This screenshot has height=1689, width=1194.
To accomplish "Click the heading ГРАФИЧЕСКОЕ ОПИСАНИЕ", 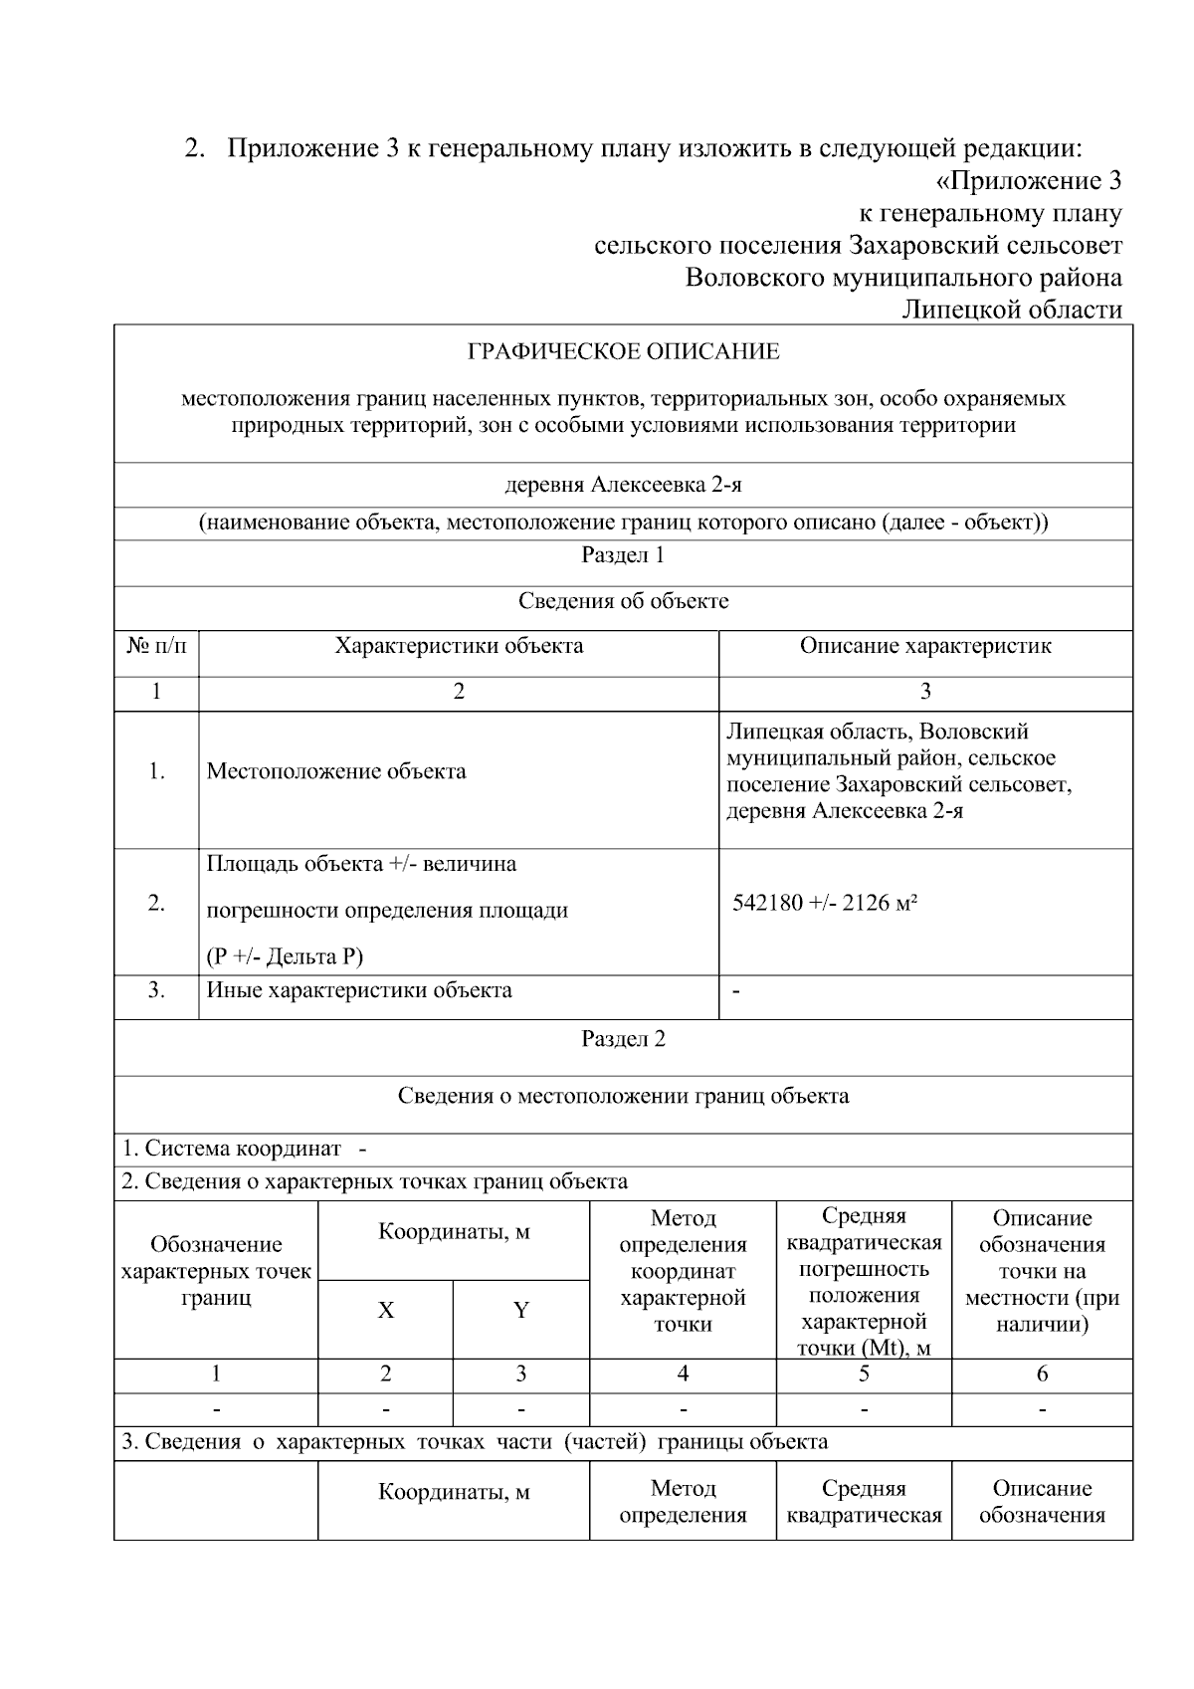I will [x=623, y=352].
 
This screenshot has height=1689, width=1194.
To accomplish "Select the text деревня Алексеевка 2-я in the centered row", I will [x=623, y=486].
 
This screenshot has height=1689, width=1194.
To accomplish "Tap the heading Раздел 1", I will [x=623, y=555].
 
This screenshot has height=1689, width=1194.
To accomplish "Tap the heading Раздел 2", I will [x=623, y=1039].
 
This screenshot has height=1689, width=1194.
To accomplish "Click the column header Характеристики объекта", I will [x=459, y=646].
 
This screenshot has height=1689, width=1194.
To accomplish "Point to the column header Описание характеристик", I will [x=925, y=646].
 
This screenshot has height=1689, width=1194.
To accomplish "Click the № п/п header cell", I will [x=156, y=646].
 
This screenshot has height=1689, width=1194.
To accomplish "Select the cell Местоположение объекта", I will [x=336, y=771].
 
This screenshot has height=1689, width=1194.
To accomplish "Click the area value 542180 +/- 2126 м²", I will [x=825, y=904].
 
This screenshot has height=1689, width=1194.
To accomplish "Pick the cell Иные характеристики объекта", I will [x=359, y=990].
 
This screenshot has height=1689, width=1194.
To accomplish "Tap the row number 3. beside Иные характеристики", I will [x=156, y=990].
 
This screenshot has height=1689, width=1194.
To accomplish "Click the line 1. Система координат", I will [x=244, y=1149].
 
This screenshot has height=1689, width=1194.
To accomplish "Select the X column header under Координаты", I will [x=385, y=1311].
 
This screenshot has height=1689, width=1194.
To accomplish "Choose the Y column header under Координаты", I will [x=520, y=1311].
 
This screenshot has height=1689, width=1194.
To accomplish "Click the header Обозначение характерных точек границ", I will [x=216, y=1271].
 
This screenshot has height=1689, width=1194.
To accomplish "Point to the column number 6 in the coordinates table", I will [x=1042, y=1374].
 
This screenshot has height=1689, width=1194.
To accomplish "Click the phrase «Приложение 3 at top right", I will [x=1029, y=181].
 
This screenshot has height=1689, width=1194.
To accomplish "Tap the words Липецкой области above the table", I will [x=1011, y=310].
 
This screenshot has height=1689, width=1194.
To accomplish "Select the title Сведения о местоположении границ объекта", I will [x=623, y=1097].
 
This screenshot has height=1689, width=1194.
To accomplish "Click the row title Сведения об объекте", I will [x=623, y=601].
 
